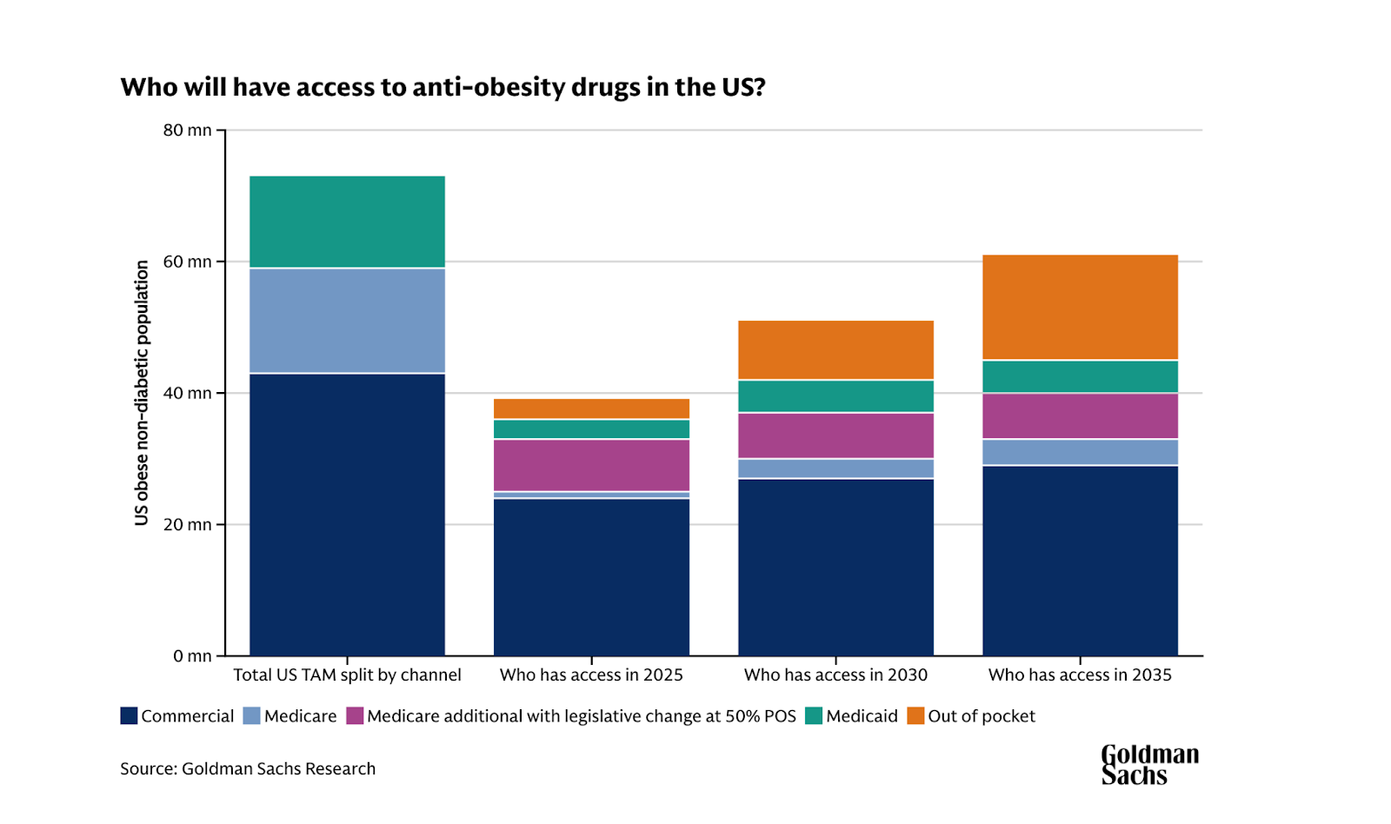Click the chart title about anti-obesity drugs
click(x=443, y=88)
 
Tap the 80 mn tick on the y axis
click(x=188, y=130)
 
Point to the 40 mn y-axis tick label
click(x=188, y=393)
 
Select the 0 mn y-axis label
click(x=192, y=656)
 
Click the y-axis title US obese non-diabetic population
click(x=142, y=393)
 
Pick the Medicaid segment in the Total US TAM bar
click(x=347, y=222)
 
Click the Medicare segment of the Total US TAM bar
click(x=347, y=321)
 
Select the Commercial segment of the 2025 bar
click(x=591, y=577)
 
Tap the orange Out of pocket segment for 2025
click(x=591, y=409)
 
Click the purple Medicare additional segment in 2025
click(x=591, y=465)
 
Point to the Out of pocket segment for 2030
click(x=835, y=350)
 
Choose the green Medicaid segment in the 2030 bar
click(x=835, y=396)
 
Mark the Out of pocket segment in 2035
click(x=1080, y=307)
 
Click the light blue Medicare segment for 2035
click(x=1080, y=452)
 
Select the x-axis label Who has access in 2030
click(x=835, y=675)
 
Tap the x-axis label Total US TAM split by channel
click(x=347, y=675)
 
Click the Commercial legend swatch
click(x=130, y=716)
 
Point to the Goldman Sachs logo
click(x=1149, y=765)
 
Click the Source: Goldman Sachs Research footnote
click(x=248, y=769)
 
